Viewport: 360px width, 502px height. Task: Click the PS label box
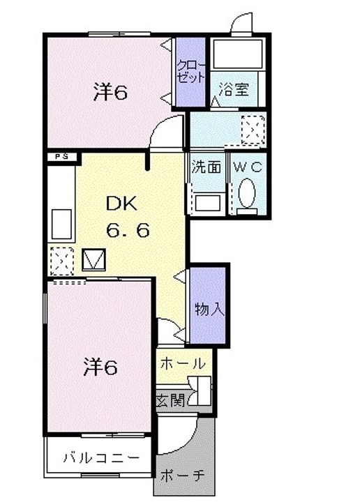tap(62, 157)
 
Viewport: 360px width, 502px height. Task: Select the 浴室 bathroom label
tap(234, 89)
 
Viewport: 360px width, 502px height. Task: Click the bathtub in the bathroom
tap(238, 54)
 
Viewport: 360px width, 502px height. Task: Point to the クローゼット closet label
tap(191, 72)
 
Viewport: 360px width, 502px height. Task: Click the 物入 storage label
tap(209, 310)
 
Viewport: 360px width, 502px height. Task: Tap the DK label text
tap(121, 203)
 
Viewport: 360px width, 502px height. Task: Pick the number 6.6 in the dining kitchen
tap(128, 229)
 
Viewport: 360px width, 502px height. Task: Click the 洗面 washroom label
tap(207, 167)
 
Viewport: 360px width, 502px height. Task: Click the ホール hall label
tap(183, 363)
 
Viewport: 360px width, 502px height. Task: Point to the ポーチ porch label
tap(182, 476)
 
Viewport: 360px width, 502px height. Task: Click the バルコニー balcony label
tap(102, 457)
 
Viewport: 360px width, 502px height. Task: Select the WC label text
tap(248, 167)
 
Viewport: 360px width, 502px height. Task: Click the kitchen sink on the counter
tap(61, 224)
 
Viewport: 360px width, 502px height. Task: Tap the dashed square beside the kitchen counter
tap(62, 261)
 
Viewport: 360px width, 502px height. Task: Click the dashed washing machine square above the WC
tap(253, 130)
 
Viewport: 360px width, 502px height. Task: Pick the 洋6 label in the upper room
tap(110, 92)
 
